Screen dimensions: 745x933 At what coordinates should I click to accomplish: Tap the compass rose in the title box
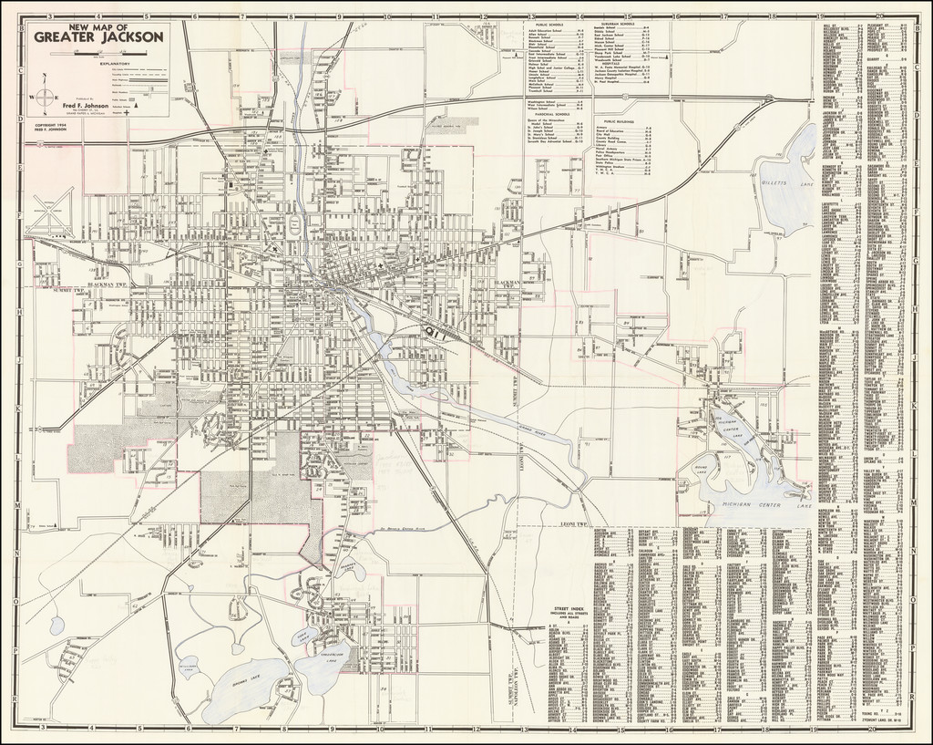[x=45, y=98]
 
